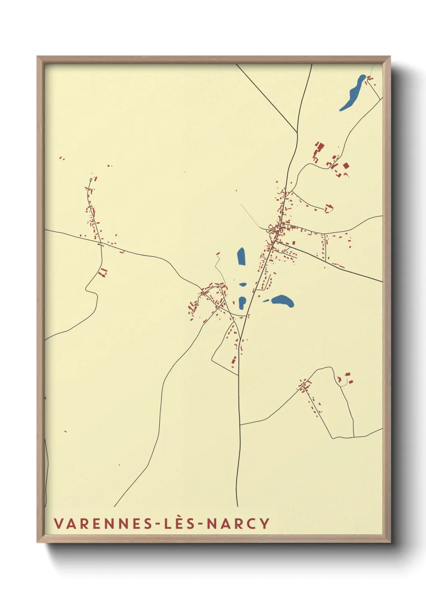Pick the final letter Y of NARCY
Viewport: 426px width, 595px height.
pos(265,523)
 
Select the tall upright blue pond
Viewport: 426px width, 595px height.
pos(241,256)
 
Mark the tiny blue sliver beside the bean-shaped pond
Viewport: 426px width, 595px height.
pos(266,300)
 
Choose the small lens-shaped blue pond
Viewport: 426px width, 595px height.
pos(242,285)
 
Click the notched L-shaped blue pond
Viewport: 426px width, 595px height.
pos(242,303)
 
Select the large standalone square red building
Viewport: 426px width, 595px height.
pos(345,166)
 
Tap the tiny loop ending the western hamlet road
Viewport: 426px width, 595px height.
pos(91,179)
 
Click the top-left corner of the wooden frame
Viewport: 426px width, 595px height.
pos(37,57)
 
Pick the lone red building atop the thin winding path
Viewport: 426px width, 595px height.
pos(219,254)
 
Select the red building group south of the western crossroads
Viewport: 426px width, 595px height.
pos(103,272)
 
